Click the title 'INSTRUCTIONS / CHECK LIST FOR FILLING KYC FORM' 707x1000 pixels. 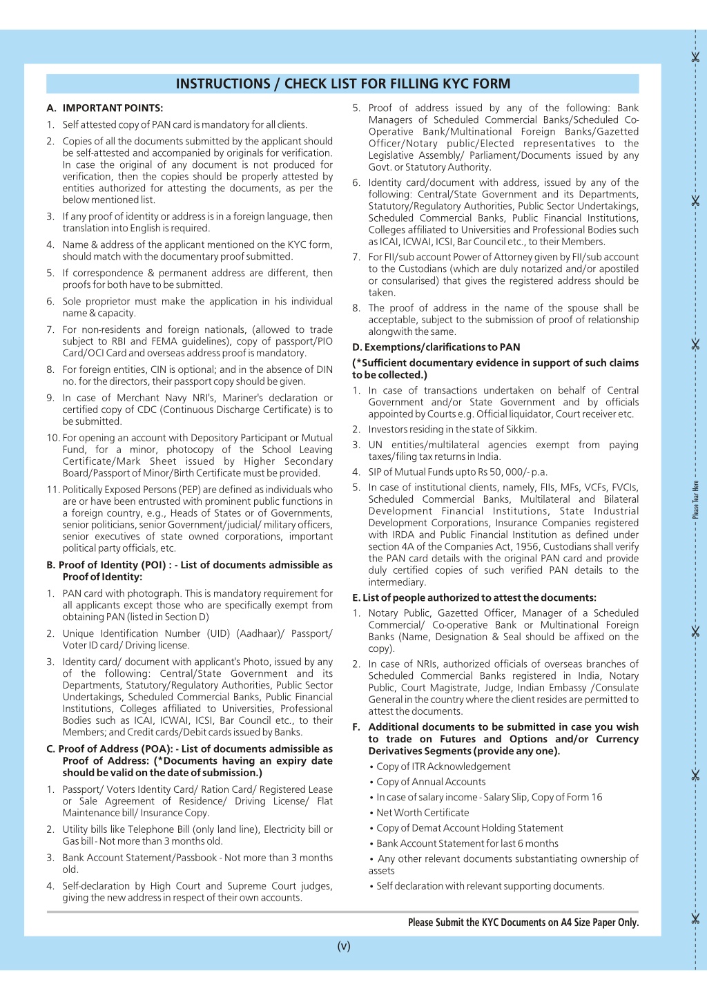[x=342, y=84]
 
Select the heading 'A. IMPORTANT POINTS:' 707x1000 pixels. [x=105, y=108]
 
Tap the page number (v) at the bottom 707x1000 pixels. [x=344, y=946]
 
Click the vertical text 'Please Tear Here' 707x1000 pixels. [x=695, y=499]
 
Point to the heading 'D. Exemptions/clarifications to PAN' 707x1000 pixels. [x=436, y=347]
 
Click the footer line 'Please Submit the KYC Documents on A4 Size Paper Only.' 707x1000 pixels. [x=523, y=922]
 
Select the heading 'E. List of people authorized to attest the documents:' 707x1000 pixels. [x=474, y=597]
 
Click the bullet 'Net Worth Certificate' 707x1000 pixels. [x=423, y=813]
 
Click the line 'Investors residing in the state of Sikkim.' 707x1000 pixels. [x=452, y=430]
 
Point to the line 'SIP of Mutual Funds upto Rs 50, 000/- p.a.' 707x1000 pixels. [x=458, y=472]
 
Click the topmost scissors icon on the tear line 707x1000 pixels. [x=695, y=57]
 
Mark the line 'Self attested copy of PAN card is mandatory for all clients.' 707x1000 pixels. [x=184, y=125]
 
